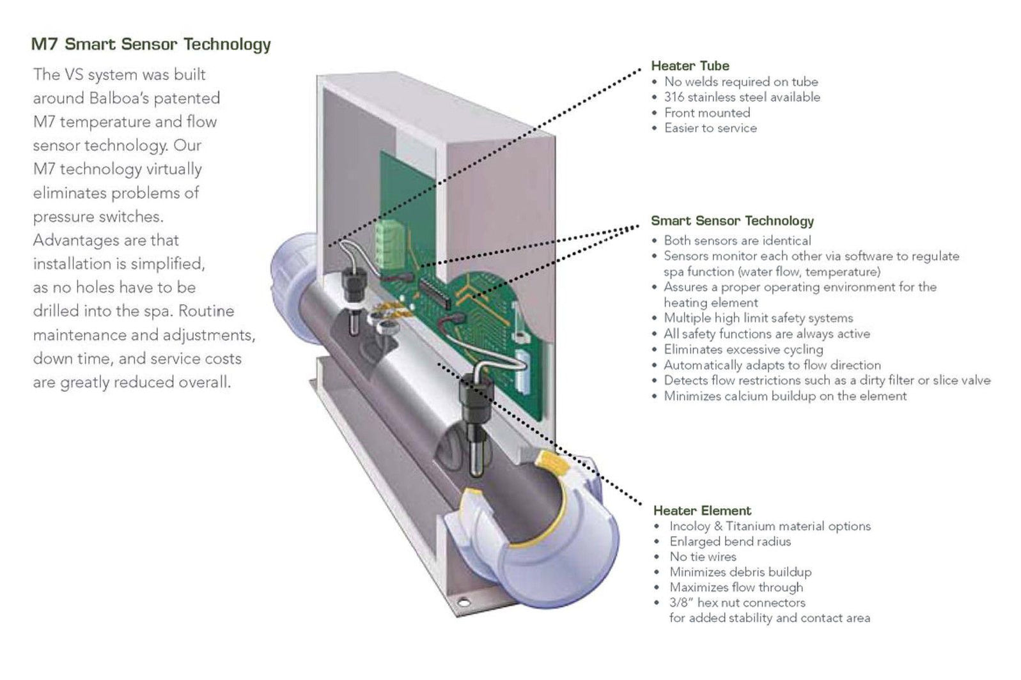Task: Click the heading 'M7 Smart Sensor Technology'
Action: tap(151, 44)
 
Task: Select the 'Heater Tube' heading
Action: tap(690, 66)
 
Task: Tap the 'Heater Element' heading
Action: tap(702, 511)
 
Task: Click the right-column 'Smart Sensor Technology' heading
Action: tap(732, 221)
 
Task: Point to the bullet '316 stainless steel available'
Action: tap(742, 97)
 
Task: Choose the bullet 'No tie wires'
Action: tap(703, 557)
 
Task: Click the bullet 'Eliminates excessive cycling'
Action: tap(743, 350)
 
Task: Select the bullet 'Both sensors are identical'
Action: tap(737, 241)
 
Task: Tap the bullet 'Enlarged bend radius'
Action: tap(729, 541)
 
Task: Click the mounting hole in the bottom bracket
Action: tap(463, 602)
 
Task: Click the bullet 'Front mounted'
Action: tap(706, 113)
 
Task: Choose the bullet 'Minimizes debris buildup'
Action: tap(740, 572)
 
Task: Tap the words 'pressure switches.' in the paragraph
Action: tap(98, 217)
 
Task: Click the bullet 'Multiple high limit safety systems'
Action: tap(758, 318)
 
